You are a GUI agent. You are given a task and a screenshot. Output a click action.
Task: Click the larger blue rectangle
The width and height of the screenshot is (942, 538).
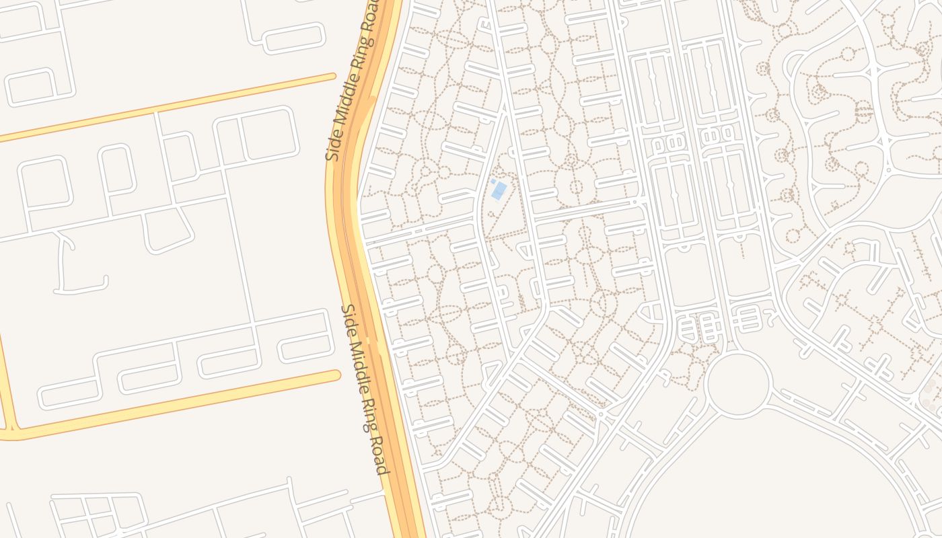(499, 190)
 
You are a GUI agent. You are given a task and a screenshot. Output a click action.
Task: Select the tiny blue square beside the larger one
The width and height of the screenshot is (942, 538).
(493, 181)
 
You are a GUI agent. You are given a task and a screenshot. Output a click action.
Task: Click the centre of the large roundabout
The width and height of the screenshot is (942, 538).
(739, 384)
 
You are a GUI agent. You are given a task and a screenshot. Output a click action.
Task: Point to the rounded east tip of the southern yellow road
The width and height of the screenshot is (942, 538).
(335, 375)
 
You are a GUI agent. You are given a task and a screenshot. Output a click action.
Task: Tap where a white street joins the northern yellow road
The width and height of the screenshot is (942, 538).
(156, 112)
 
